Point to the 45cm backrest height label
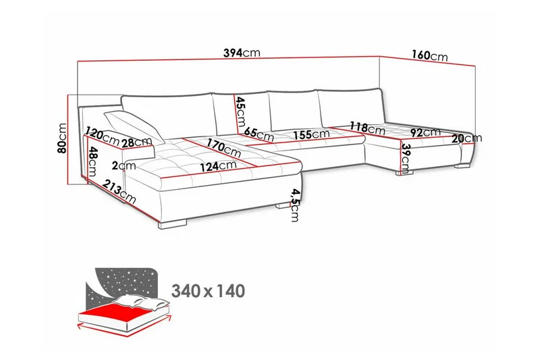[x=240, y=111]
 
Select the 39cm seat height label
[x=406, y=157]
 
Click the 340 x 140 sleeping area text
[x=209, y=291]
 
